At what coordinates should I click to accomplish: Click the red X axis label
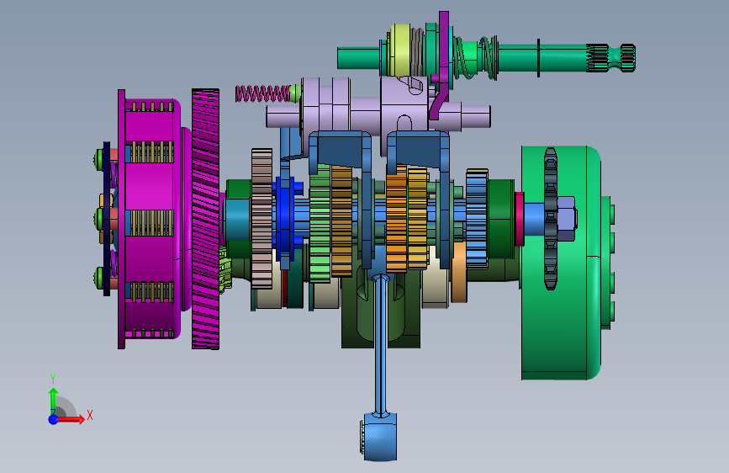pyautogui.click(x=90, y=415)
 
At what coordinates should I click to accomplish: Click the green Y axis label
pyautogui.click(x=53, y=378)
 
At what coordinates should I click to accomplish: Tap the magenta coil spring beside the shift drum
pyautogui.click(x=262, y=93)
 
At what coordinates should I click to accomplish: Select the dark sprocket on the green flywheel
pyautogui.click(x=551, y=219)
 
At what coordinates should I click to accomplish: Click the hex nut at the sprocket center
pyautogui.click(x=566, y=218)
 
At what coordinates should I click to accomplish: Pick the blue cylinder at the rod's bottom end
pyautogui.click(x=379, y=437)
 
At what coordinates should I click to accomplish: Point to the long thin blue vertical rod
pyautogui.click(x=380, y=344)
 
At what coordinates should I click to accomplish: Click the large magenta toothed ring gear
pyautogui.click(x=205, y=219)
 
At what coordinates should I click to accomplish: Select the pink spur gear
pyautogui.click(x=261, y=219)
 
